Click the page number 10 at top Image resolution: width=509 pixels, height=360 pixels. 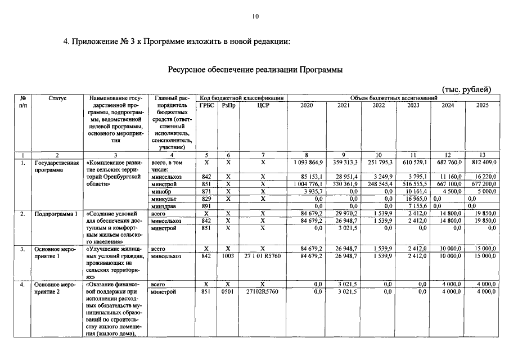(x=255, y=17)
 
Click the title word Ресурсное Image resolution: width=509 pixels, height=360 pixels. (x=190, y=70)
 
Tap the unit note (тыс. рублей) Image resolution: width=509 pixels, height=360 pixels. (x=466, y=89)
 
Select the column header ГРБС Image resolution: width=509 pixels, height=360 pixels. (x=206, y=105)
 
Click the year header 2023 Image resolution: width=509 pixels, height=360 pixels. (x=413, y=105)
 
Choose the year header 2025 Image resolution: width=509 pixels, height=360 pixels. (x=482, y=105)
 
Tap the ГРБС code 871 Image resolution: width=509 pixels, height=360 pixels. (x=206, y=191)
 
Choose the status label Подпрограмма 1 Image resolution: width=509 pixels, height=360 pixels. (x=53, y=214)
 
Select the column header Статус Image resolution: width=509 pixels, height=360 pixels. (x=57, y=98)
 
